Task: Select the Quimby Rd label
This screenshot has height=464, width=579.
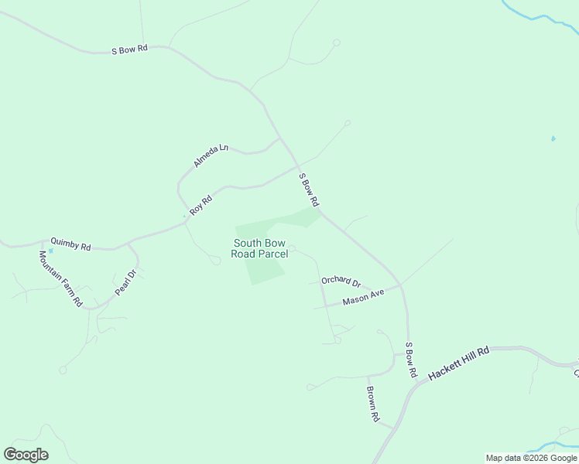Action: [70, 244]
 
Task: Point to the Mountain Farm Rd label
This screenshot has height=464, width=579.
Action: [60, 278]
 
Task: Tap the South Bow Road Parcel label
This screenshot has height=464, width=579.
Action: [260, 248]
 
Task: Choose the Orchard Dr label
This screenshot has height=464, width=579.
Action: [341, 281]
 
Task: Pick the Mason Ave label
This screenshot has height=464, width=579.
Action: [363, 298]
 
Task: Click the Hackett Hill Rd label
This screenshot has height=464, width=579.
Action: [460, 362]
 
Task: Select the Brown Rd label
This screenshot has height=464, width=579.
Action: [373, 404]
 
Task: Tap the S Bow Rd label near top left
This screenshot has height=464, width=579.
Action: [129, 50]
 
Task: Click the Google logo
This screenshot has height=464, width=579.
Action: [26, 454]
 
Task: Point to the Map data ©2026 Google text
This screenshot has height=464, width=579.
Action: [531, 458]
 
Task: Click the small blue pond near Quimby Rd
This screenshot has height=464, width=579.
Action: [51, 251]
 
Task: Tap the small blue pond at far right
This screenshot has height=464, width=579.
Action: [553, 138]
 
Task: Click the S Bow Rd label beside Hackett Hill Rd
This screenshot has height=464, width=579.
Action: [411, 359]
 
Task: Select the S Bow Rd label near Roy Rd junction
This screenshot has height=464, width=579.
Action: [309, 189]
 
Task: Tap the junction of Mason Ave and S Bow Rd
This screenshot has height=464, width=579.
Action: [401, 286]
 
